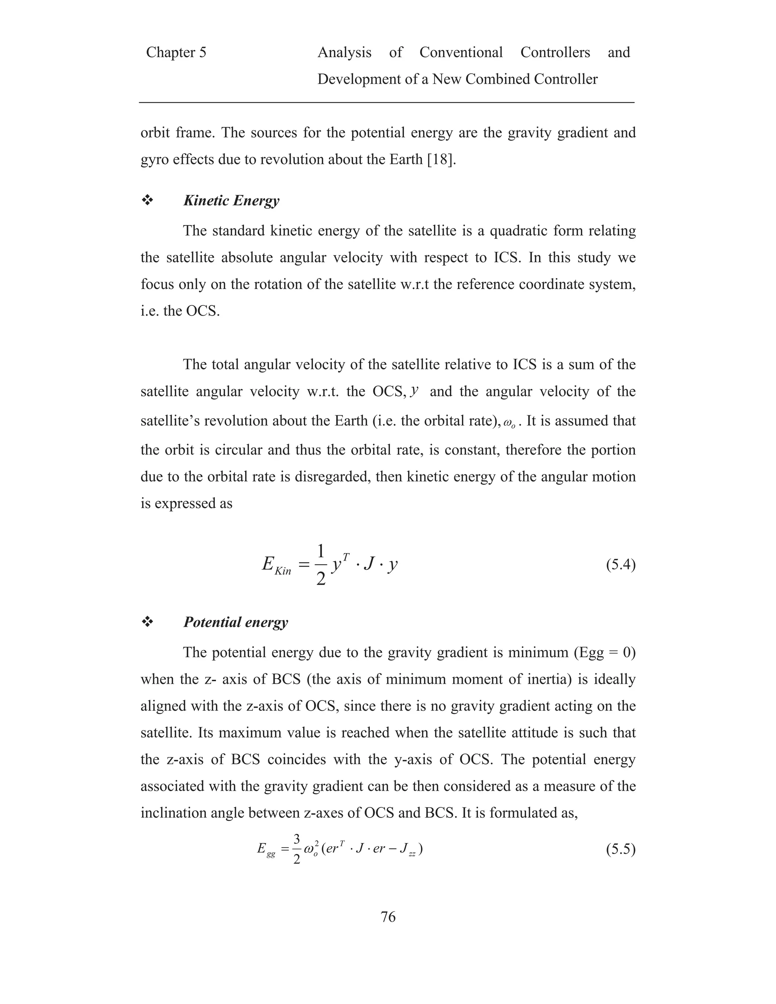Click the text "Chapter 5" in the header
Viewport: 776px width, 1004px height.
tap(176, 52)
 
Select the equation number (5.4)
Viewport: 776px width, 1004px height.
tap(621, 565)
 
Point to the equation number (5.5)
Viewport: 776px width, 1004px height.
tap(621, 849)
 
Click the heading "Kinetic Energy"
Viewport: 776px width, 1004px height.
tap(231, 200)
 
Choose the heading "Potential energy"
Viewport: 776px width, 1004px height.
tap(235, 622)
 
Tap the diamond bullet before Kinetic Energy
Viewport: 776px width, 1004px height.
tap(147, 200)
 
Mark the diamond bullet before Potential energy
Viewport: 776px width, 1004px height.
tap(147, 622)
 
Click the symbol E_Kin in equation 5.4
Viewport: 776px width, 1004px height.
tap(276, 565)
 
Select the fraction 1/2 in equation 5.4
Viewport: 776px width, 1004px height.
tap(321, 565)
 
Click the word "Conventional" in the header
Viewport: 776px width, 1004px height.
tap(461, 52)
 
